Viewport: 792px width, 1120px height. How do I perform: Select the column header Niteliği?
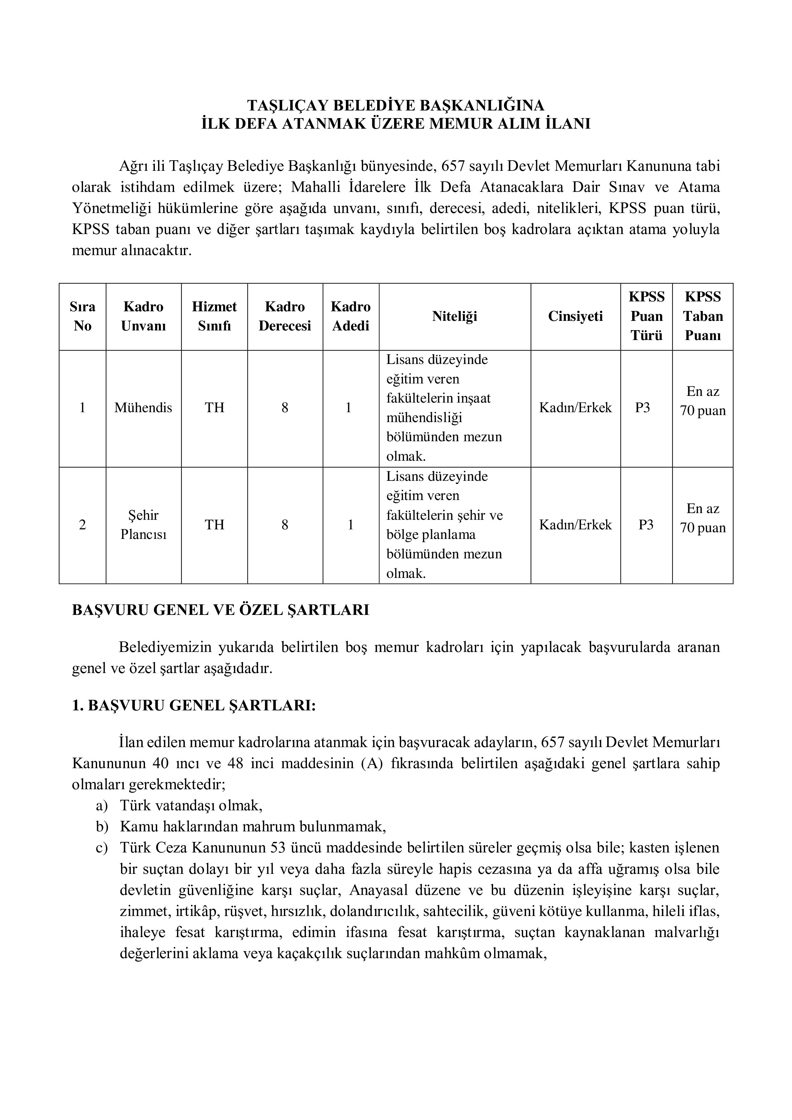point(454,316)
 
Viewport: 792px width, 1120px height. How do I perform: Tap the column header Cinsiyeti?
point(575,316)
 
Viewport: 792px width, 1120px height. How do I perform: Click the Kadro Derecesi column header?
point(285,316)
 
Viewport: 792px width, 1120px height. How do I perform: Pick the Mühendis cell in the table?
point(143,408)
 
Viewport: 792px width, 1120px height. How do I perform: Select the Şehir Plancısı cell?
point(143,525)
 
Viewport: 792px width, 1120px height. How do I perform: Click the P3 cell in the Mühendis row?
point(643,408)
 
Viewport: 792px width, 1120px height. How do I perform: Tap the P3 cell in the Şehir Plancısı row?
point(646,525)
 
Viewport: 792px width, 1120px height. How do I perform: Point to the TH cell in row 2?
point(214,525)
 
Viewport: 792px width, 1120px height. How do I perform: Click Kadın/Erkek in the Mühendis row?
point(575,408)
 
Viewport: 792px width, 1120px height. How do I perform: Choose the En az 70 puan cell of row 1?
point(703,401)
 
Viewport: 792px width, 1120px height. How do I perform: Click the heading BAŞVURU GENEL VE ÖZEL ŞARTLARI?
point(221,610)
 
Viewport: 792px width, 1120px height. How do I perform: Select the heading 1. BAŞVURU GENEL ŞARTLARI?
point(194,706)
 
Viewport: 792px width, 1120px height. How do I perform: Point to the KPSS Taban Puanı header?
point(703,316)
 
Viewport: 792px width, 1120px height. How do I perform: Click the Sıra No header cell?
point(82,316)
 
